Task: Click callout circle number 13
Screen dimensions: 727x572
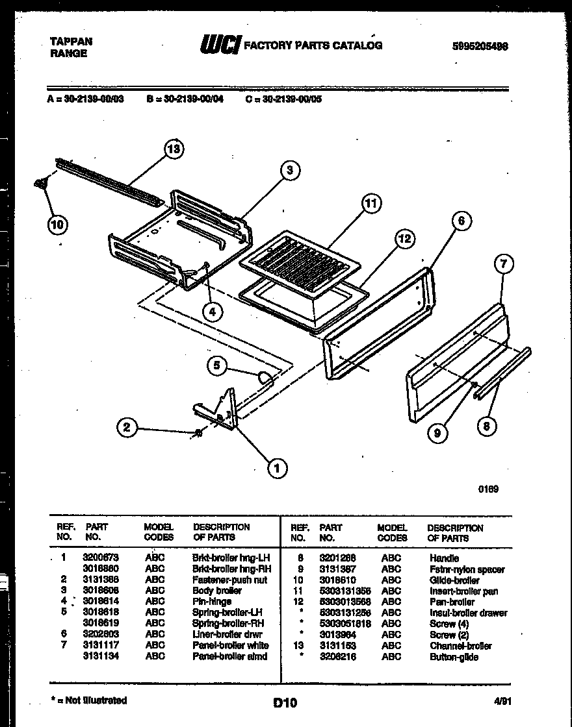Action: (173, 150)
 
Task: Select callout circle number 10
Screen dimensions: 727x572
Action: (57, 225)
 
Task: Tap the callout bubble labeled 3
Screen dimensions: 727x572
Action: (291, 171)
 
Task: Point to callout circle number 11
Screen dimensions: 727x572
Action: (370, 204)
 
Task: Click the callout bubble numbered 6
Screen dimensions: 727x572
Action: (461, 221)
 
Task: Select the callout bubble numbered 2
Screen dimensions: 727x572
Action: (127, 426)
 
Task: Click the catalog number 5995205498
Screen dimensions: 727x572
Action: (480, 46)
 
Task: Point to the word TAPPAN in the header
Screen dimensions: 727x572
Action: (71, 41)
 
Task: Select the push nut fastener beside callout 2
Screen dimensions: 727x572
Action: (198, 434)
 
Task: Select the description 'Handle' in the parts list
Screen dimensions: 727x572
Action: (443, 558)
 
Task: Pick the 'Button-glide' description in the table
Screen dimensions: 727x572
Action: (453, 657)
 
